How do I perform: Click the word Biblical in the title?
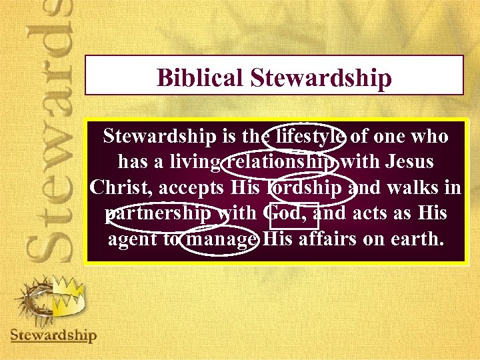201,78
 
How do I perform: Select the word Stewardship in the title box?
321,78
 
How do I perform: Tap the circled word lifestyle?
305,137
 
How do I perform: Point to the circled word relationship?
283,162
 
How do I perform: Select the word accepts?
196,187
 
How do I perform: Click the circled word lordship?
307,187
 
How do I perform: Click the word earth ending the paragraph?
417,239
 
